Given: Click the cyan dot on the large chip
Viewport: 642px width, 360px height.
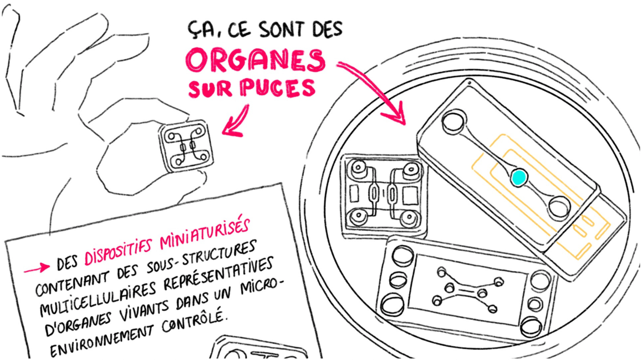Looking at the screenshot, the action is tap(519, 178).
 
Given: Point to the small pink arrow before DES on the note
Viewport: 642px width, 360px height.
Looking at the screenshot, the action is tap(37, 268).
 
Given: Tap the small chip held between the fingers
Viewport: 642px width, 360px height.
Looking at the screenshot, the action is tap(186, 146).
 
